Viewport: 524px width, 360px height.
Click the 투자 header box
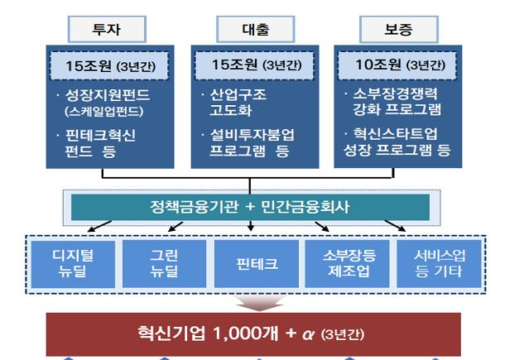[107, 29]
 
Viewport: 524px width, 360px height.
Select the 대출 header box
[255, 29]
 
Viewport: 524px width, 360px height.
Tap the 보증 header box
[399, 29]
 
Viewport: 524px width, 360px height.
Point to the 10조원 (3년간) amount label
[397, 65]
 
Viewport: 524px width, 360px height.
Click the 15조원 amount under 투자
[109, 65]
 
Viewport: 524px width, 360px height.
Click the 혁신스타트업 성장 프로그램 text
[397, 142]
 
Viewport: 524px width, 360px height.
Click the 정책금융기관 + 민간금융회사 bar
[250, 207]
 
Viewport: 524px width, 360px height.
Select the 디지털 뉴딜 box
[73, 264]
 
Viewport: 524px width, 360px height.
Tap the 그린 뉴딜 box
[164, 264]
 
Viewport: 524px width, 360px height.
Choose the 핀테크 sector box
[257, 264]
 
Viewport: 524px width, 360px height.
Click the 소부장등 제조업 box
[347, 264]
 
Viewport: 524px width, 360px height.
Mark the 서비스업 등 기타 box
[439, 264]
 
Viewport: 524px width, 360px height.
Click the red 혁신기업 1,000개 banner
[253, 334]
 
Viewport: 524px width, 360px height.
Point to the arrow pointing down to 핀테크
[251, 225]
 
